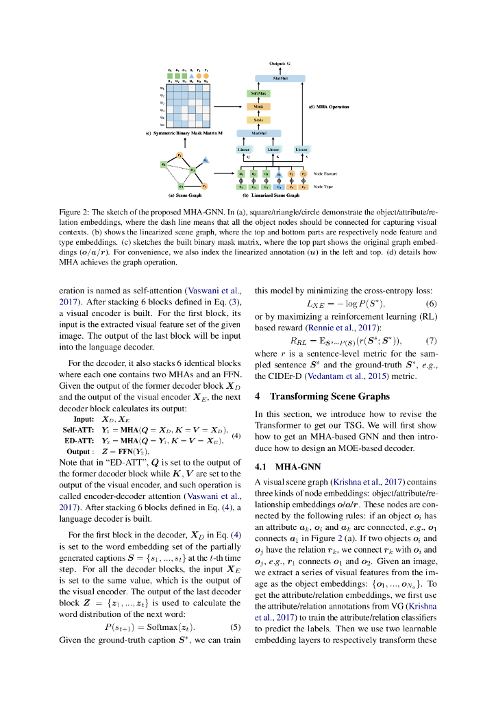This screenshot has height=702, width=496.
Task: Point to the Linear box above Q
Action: (x=243, y=149)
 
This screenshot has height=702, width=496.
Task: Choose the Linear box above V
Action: (x=301, y=149)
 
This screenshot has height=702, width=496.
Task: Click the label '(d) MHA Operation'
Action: (x=330, y=107)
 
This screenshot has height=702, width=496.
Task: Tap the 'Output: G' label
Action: (x=280, y=63)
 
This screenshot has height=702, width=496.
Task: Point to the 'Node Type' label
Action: (x=324, y=186)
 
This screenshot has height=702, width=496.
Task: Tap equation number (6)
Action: (x=432, y=304)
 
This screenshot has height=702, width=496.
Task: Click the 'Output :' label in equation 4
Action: (x=80, y=451)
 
